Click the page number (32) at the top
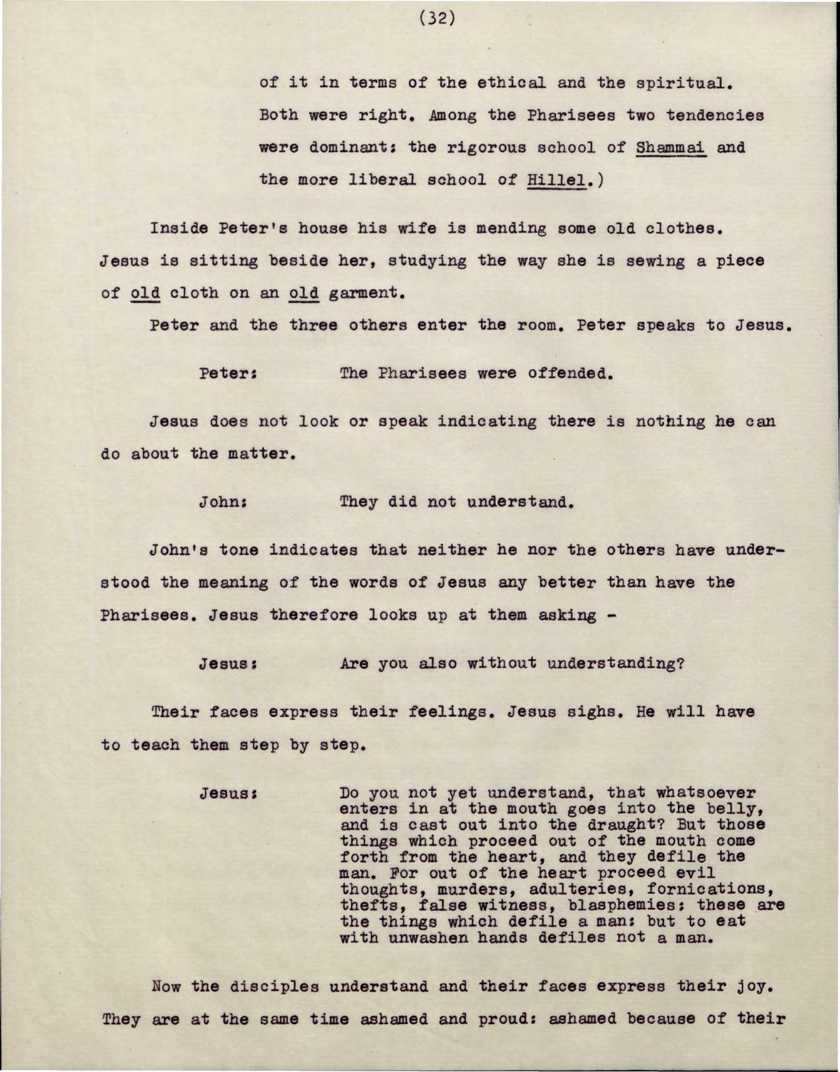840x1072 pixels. tap(438, 19)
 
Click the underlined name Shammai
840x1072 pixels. tap(670, 147)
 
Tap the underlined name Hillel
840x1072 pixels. tap(557, 180)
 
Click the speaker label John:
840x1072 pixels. tap(223, 502)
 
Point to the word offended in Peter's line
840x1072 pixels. tap(570, 373)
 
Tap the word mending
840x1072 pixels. tap(511, 228)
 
